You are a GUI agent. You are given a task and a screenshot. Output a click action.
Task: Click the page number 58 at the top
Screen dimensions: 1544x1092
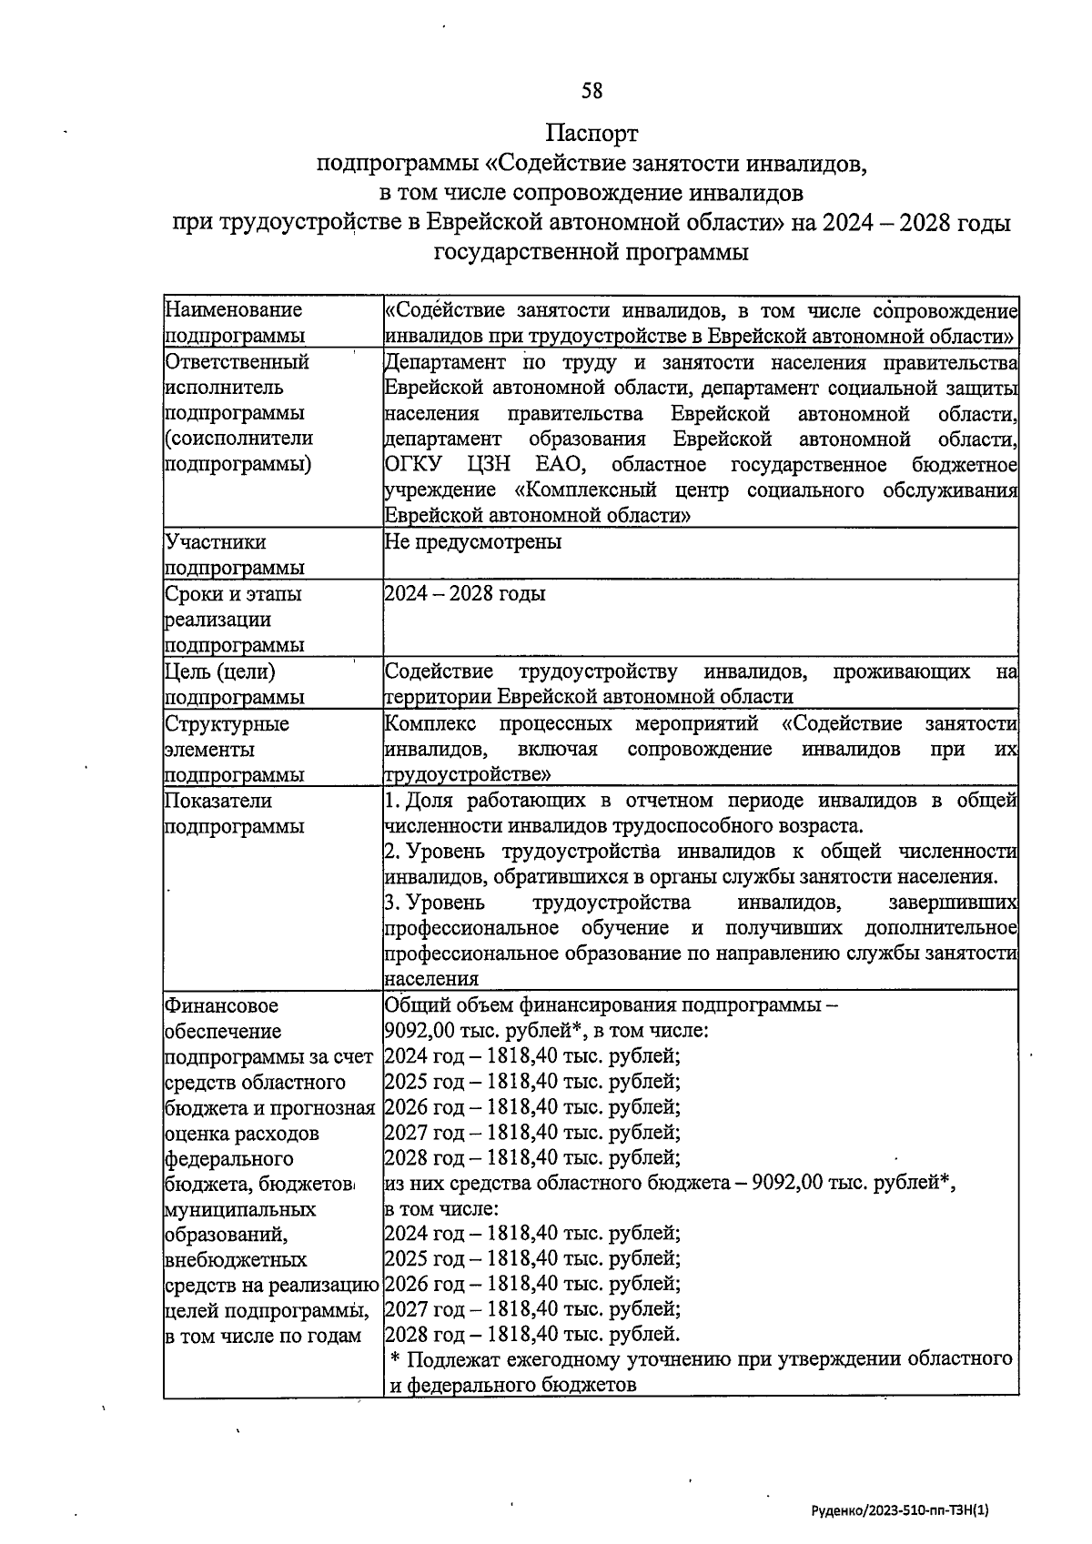(x=591, y=90)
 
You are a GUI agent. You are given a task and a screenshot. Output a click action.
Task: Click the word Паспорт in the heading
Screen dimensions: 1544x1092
(x=591, y=134)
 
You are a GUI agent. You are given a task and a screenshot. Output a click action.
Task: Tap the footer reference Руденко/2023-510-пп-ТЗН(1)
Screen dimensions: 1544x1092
(x=899, y=1509)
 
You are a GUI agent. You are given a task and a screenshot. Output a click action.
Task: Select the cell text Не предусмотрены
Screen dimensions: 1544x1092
(x=472, y=542)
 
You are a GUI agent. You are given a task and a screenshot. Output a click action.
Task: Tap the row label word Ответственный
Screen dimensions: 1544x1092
(x=237, y=362)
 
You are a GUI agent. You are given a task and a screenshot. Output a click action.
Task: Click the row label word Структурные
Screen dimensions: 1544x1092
(x=227, y=724)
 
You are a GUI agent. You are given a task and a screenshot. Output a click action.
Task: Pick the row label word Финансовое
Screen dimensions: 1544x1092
(x=221, y=1006)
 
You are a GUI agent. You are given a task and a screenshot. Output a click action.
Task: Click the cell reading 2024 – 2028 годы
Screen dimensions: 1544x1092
(x=464, y=594)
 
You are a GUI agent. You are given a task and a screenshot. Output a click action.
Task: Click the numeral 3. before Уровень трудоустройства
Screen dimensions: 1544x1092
(x=393, y=903)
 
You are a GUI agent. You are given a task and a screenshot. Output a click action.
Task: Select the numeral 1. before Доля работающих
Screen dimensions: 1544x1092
(x=392, y=802)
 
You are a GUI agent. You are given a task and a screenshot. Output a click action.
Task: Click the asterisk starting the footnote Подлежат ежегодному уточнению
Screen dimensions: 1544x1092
(x=395, y=1360)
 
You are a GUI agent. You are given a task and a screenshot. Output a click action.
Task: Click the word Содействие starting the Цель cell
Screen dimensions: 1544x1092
(x=439, y=672)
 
